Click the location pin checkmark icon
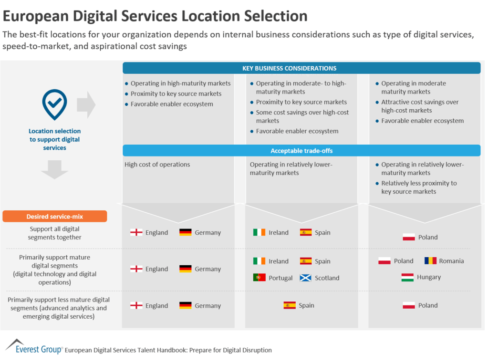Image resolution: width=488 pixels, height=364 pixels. click(54, 104)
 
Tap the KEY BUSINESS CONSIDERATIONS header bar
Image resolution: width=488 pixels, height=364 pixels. click(301, 68)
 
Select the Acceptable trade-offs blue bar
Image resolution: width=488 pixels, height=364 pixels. click(301, 151)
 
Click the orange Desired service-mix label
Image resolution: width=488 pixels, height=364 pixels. click(54, 217)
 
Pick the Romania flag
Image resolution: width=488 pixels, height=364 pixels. click(430, 261)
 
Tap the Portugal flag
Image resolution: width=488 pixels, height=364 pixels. click(259, 278)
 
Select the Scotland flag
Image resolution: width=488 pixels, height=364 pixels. click(305, 278)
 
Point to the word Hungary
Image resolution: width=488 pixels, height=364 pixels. click(429, 277)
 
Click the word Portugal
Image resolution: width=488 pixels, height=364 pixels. click(280, 278)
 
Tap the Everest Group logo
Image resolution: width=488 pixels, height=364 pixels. click(33, 347)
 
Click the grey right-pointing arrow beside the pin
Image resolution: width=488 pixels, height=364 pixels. click(86, 105)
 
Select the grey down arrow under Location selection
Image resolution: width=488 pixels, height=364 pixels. click(54, 169)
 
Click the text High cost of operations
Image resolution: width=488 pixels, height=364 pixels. click(157, 165)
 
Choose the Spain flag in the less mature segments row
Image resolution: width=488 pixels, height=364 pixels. click(289, 305)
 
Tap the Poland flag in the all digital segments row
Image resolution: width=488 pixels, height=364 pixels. click(408, 237)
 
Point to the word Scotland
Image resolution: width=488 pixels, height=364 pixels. click(327, 278)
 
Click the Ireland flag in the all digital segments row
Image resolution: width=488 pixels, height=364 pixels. click(259, 232)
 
